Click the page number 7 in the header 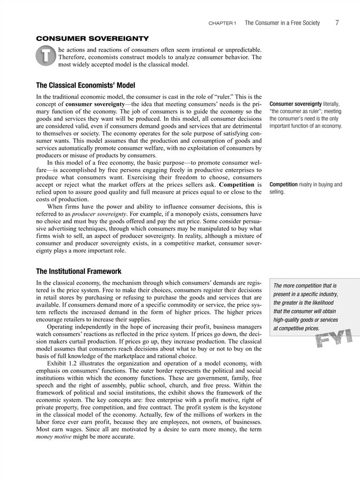click(336, 23)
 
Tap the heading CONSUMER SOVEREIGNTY click(92, 39)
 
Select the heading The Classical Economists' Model click(85, 85)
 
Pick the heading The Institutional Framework click(78, 271)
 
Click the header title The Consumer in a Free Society click(282, 23)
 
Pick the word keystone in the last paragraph click(247, 406)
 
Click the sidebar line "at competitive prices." click(297, 328)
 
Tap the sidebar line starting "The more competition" click(305, 286)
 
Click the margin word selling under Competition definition click(277, 192)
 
